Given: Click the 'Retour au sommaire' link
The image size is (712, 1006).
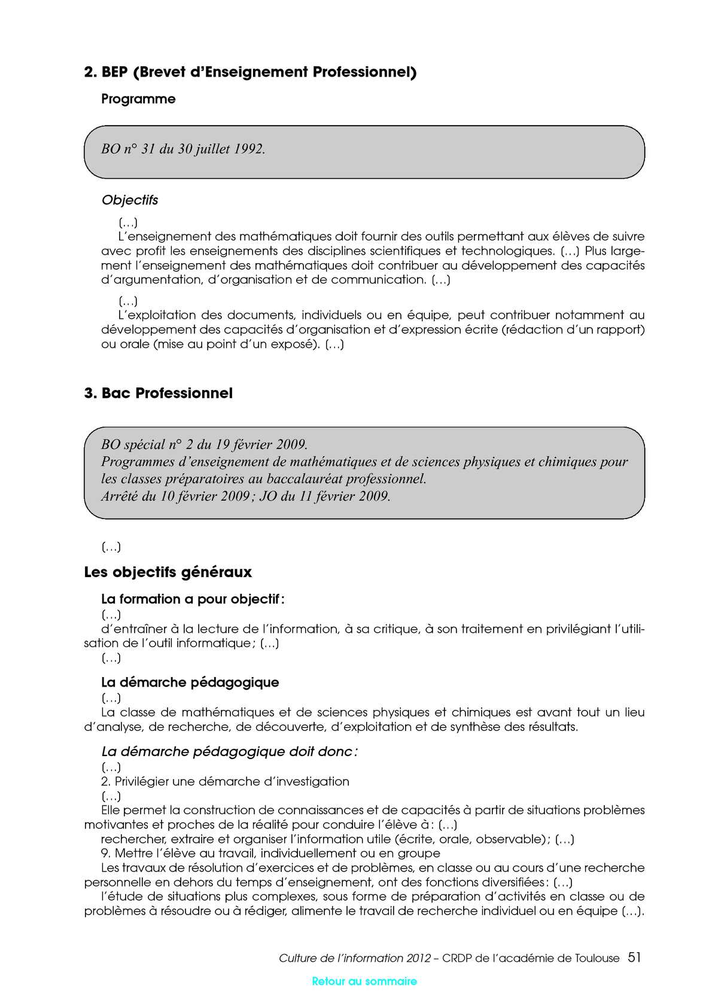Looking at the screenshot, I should (x=364, y=981).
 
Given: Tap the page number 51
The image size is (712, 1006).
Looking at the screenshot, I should (x=634, y=957).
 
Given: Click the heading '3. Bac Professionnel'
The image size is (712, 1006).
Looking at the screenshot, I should (x=159, y=393).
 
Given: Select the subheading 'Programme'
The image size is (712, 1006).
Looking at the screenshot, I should (x=138, y=99).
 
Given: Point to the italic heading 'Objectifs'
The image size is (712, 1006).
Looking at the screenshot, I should (x=130, y=200).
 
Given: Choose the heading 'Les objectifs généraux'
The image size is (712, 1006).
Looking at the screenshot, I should (x=168, y=572).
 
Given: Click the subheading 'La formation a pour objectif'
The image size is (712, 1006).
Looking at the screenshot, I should (x=193, y=599).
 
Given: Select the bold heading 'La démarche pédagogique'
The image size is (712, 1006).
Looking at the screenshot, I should (x=190, y=682).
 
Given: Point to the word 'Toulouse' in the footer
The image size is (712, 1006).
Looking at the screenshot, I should (x=597, y=958).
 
